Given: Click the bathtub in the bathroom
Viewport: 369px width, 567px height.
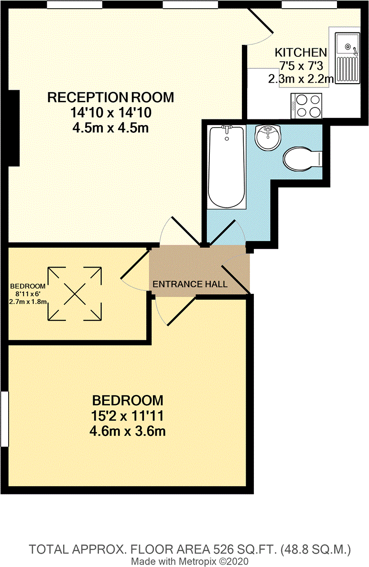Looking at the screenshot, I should click(x=227, y=166).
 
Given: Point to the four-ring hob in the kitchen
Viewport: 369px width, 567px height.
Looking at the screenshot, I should click(x=306, y=106).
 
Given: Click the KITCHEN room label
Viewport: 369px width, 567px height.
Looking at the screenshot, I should click(x=301, y=53).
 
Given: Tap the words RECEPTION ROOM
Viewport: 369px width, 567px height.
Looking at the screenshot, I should click(x=110, y=97).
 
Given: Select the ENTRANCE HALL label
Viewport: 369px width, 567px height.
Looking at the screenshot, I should click(x=190, y=284).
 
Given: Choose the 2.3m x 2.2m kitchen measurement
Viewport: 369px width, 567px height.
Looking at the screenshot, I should click(x=301, y=79).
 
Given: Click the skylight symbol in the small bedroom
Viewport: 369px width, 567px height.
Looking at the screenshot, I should click(x=74, y=293).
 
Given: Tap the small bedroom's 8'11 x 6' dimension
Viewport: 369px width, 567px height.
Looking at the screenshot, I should click(x=27, y=294).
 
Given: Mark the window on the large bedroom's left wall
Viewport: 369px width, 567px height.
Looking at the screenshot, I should click(x=4, y=418).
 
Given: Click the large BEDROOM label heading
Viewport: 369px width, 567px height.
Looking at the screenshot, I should click(x=127, y=399).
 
